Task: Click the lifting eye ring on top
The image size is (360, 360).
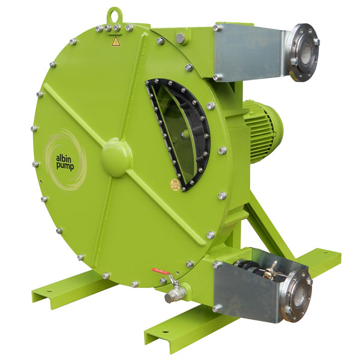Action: click(113, 13)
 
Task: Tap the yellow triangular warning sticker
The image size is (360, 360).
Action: click(115, 41)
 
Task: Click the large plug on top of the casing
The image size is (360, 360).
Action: click(179, 38)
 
